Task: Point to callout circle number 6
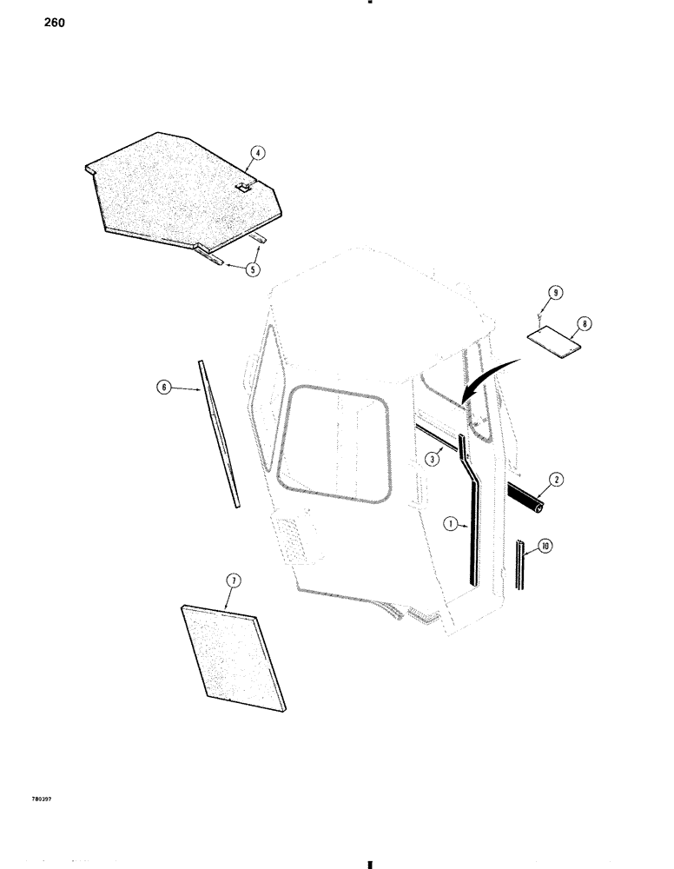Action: coord(162,390)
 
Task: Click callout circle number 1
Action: coord(450,525)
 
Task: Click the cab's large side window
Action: coord(338,446)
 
